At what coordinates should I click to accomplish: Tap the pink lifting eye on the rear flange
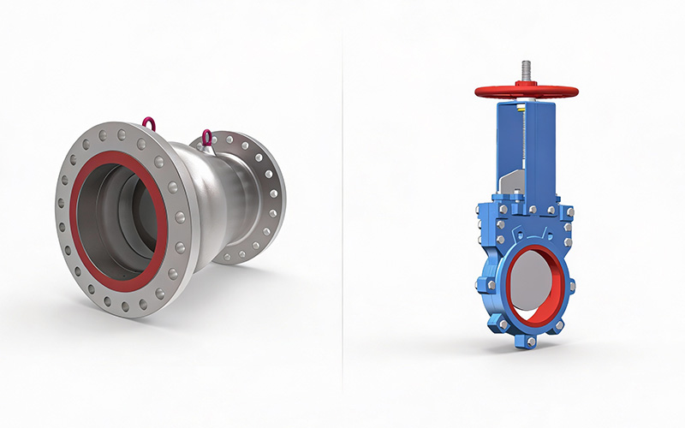pyautogui.click(x=206, y=136)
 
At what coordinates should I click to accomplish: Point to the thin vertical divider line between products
pyautogui.click(x=342, y=214)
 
